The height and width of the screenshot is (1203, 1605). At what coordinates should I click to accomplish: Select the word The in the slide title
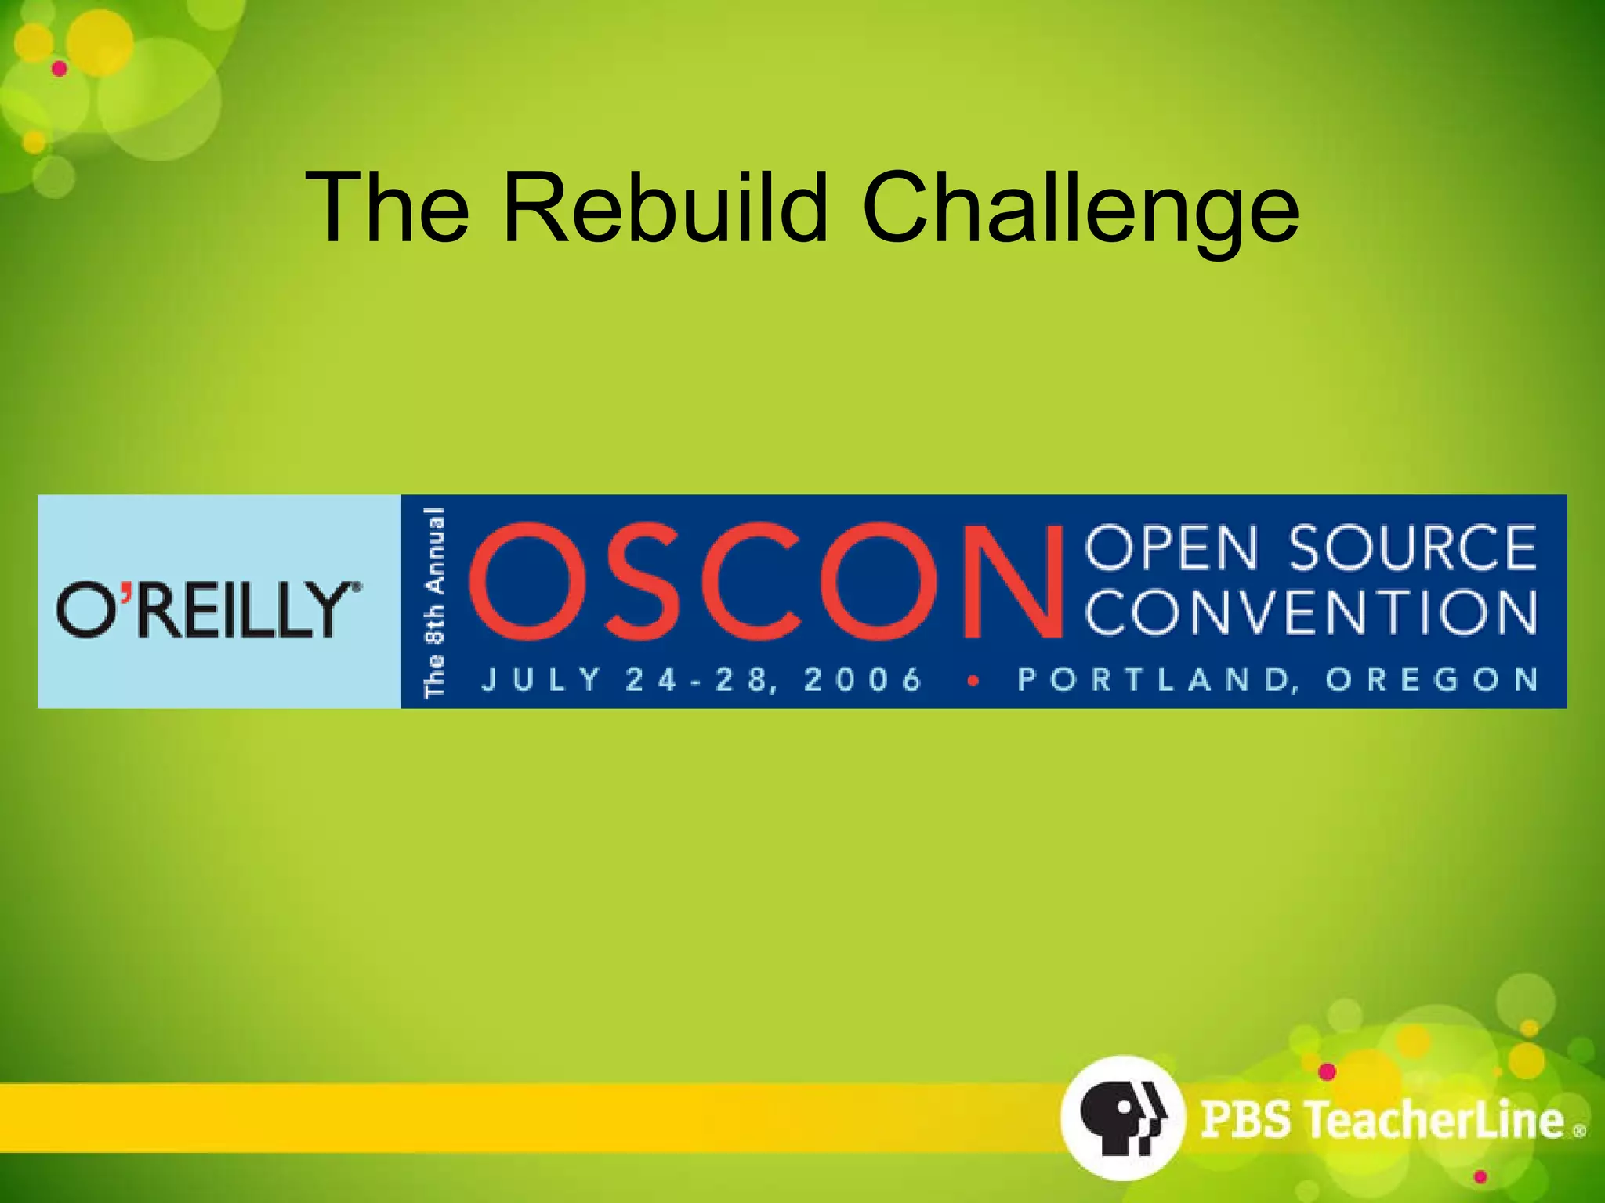pyautogui.click(x=387, y=208)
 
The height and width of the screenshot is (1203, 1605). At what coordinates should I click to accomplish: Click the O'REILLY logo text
pyautogui.click(x=208, y=609)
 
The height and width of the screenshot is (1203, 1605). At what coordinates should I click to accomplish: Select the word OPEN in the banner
pyautogui.click(x=1172, y=547)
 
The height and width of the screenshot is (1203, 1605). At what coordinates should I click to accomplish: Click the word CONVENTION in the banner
pyautogui.click(x=1310, y=612)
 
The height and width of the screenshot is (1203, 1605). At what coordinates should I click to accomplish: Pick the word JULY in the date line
pyautogui.click(x=541, y=679)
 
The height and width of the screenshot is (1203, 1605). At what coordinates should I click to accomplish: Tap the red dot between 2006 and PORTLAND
pyautogui.click(x=973, y=681)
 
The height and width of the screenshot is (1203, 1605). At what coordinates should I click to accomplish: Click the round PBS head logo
pyautogui.click(x=1121, y=1118)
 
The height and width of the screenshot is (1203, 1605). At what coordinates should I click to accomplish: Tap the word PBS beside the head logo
pyautogui.click(x=1245, y=1119)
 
